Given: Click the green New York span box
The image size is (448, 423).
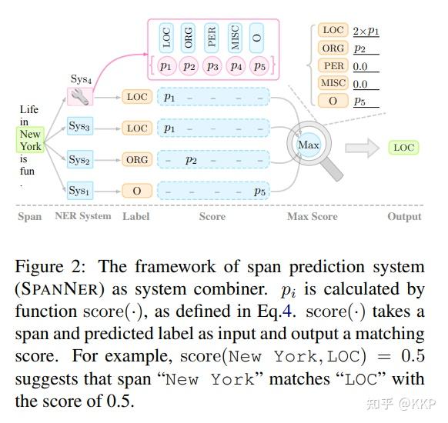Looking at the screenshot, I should pos(30,140).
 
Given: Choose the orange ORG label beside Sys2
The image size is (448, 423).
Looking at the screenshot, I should pos(137,159).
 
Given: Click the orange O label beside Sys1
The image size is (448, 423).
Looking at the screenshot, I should pos(137,190).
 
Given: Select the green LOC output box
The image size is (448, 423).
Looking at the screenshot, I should pos(403,148).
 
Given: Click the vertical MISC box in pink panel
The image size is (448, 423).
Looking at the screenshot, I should pos(234,37).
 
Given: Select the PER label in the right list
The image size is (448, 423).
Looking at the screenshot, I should pos(333,66).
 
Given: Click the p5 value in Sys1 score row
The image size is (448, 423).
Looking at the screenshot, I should pos(260,191).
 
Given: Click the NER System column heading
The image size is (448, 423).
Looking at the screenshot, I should pos(82,216).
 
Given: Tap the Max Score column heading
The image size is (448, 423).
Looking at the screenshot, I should pos(312,216).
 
